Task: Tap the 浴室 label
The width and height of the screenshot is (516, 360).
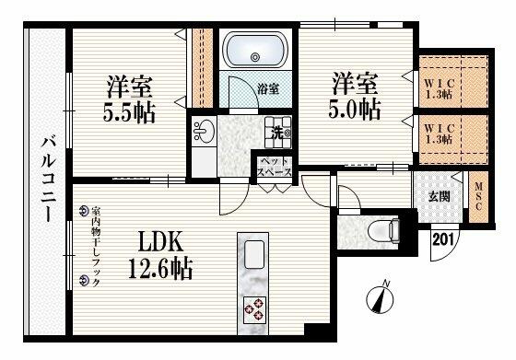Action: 268,89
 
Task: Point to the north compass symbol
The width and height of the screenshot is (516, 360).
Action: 378,299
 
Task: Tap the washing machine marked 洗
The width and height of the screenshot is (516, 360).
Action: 277,132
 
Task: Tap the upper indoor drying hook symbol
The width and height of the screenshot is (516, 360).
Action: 83,211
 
